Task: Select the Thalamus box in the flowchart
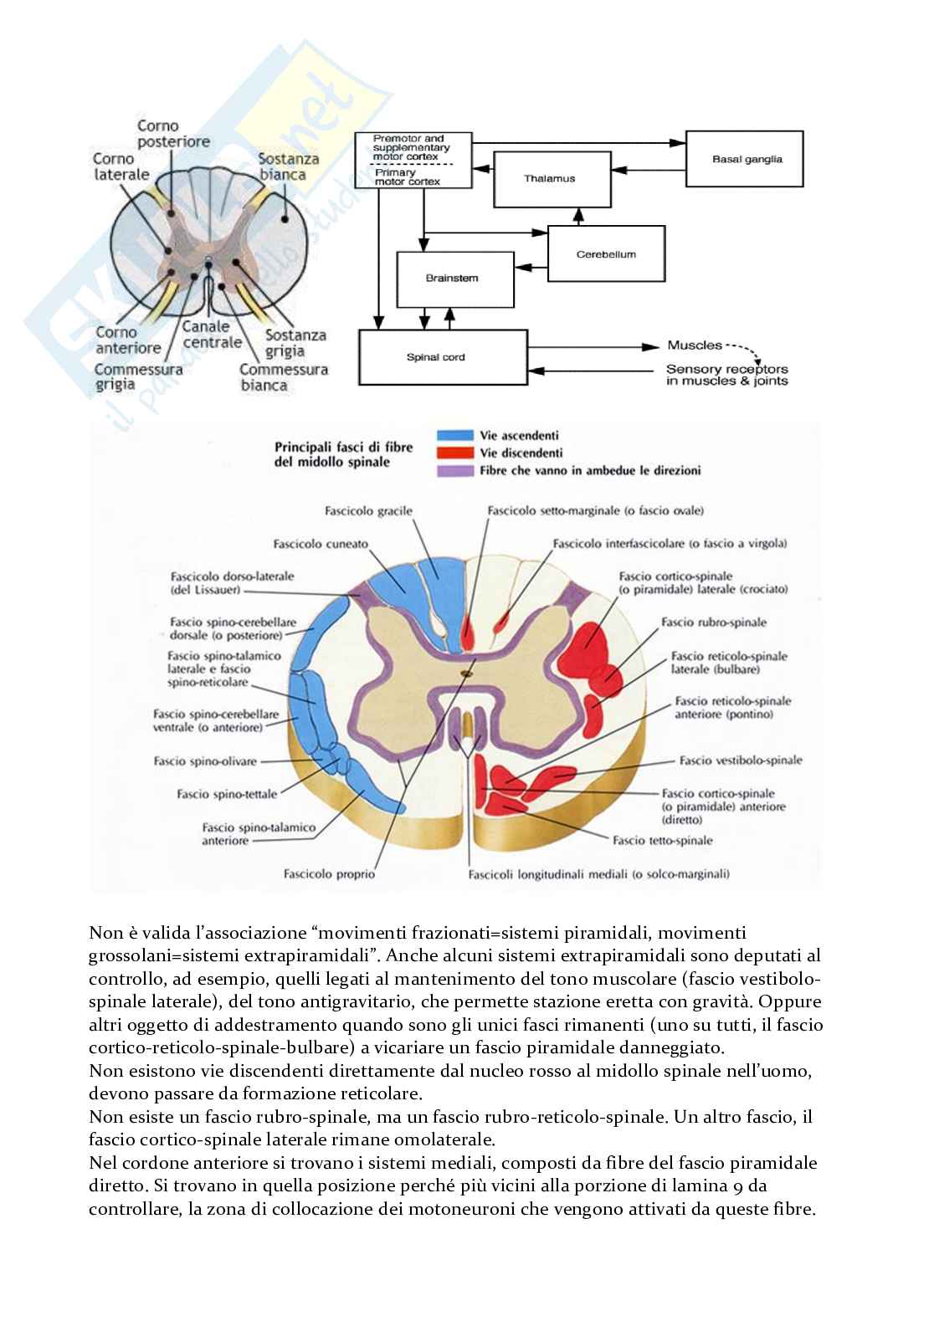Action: tap(549, 178)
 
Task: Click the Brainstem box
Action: tap(452, 279)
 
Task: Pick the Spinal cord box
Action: tap(443, 357)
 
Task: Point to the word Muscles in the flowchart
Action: tap(694, 345)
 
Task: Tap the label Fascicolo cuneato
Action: tap(321, 544)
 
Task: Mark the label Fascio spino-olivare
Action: tap(205, 761)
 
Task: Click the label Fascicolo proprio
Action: tap(329, 874)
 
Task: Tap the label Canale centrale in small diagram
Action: tap(212, 335)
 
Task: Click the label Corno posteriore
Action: tap(173, 134)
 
